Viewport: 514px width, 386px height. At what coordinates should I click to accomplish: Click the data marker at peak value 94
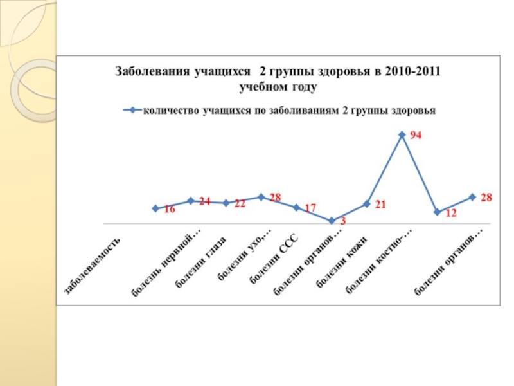coord(402,135)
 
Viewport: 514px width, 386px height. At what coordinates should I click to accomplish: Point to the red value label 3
coord(342,221)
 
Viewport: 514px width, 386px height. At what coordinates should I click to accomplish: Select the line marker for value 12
coord(437,212)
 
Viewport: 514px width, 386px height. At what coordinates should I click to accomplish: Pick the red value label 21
coord(380,204)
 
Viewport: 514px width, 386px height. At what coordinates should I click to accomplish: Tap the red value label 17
coord(310,208)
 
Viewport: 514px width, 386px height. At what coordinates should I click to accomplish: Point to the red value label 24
coord(204,201)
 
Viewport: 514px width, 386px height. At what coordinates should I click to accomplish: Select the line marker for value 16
coord(155,208)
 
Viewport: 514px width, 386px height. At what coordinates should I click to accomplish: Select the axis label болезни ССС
coord(271,259)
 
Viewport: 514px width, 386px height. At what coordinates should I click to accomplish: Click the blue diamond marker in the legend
coord(133,110)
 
